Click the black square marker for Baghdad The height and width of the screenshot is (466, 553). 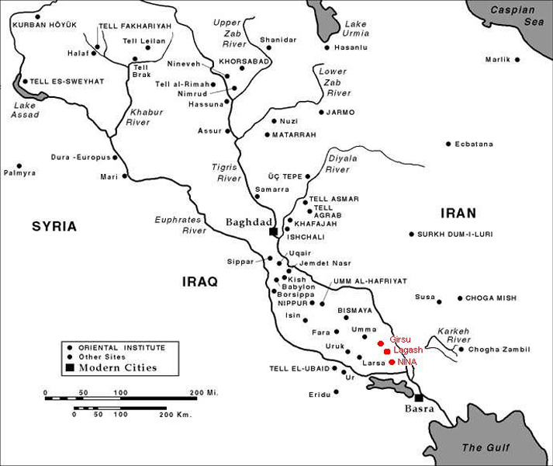click(273, 231)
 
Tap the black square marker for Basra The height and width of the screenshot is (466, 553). click(419, 397)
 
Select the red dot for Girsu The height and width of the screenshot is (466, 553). click(381, 343)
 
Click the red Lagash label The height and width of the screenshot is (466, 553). click(408, 351)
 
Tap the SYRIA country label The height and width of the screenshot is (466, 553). click(54, 227)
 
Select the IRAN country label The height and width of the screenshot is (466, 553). click(458, 213)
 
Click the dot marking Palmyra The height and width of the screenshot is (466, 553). click(19, 165)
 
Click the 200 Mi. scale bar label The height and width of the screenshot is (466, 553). click(205, 393)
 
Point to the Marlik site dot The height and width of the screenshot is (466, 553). click(517, 59)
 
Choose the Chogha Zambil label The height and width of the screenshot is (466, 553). click(495, 349)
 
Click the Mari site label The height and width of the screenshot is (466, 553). click(108, 176)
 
